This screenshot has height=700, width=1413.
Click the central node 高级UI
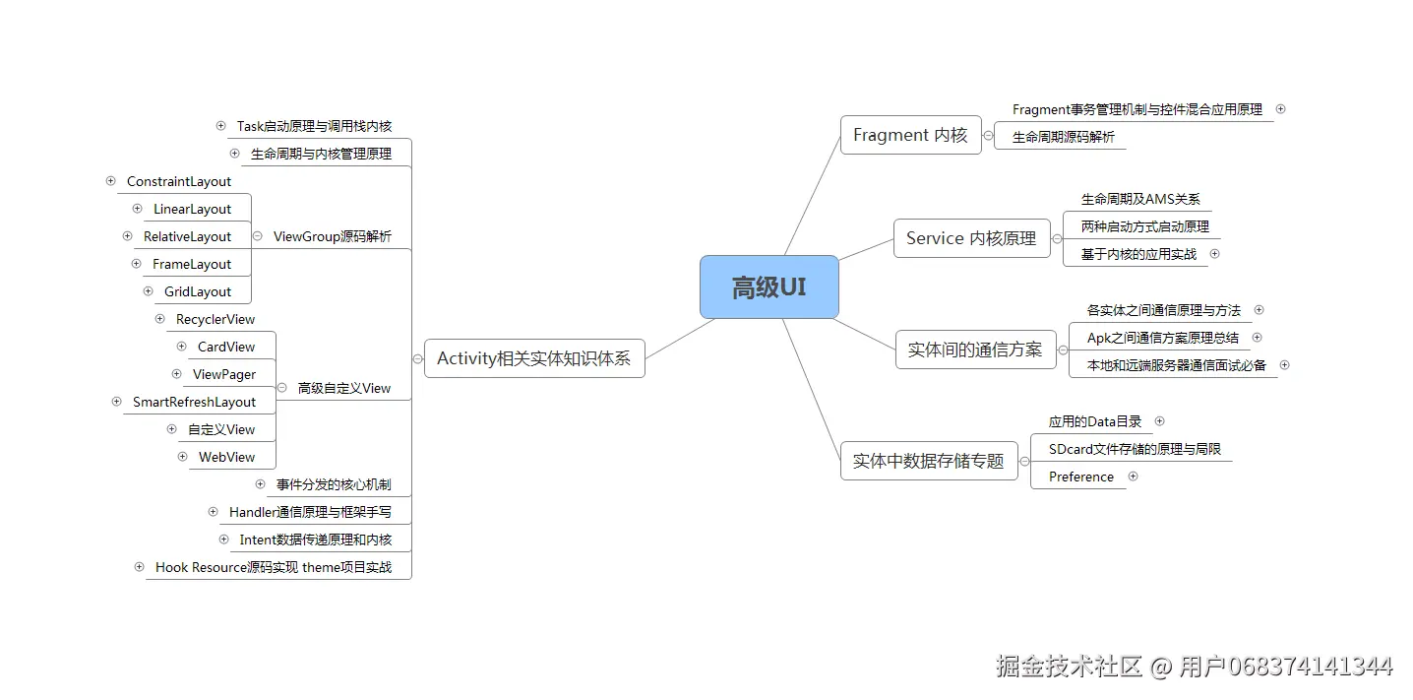coord(768,287)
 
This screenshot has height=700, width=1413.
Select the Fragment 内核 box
coord(910,135)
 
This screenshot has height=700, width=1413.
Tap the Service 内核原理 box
coord(970,238)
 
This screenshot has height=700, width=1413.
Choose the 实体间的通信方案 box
coord(974,350)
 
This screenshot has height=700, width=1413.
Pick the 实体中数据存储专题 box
coord(928,461)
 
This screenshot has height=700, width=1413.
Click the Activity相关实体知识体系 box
coord(533,358)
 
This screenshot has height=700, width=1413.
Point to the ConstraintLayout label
coord(179,181)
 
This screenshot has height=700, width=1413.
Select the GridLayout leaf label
coord(198,291)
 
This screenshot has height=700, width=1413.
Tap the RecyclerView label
coord(215,319)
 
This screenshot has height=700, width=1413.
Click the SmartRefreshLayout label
coord(194,402)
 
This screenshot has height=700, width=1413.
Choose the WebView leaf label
coord(226,457)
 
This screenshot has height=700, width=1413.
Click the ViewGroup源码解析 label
coord(332,236)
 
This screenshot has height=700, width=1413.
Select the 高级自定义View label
coord(344,388)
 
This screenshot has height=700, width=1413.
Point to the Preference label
coord(1081,477)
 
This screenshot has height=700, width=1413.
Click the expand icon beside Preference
coord(1133,477)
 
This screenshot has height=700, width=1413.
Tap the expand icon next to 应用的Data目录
coord(1159,421)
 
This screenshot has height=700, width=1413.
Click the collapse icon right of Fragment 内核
coord(988,136)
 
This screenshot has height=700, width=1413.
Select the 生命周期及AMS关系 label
coord(1140,199)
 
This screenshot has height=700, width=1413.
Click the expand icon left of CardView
coord(181,347)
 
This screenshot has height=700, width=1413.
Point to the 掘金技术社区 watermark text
coord(1069,667)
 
